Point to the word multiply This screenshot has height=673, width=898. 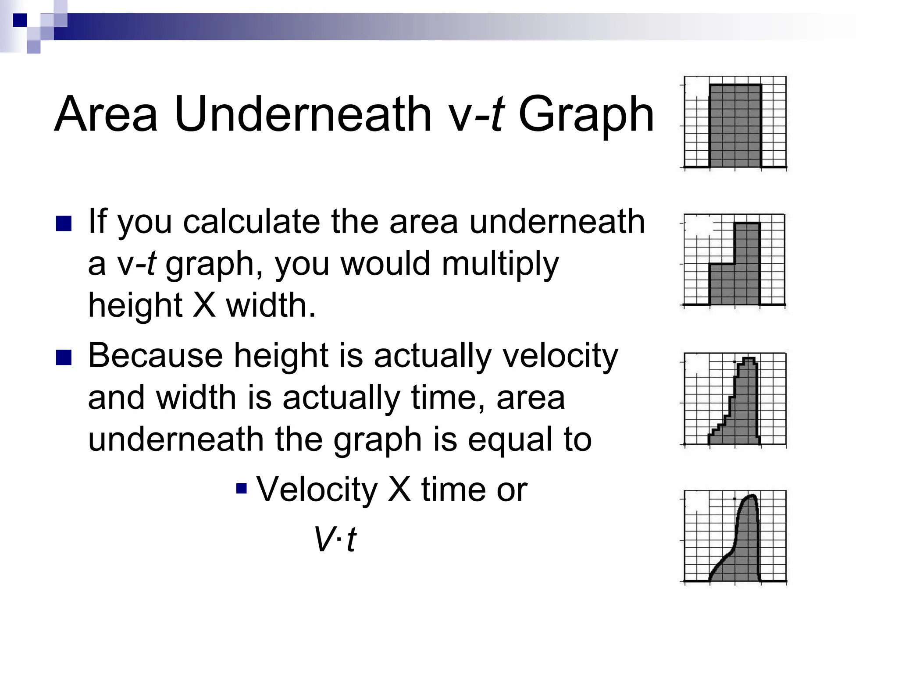(x=500, y=265)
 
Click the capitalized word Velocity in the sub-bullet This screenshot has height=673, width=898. (x=317, y=489)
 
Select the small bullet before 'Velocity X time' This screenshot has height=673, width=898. (x=241, y=488)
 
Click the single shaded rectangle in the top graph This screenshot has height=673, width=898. (x=735, y=126)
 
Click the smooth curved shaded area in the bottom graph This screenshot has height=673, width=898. (x=743, y=552)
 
